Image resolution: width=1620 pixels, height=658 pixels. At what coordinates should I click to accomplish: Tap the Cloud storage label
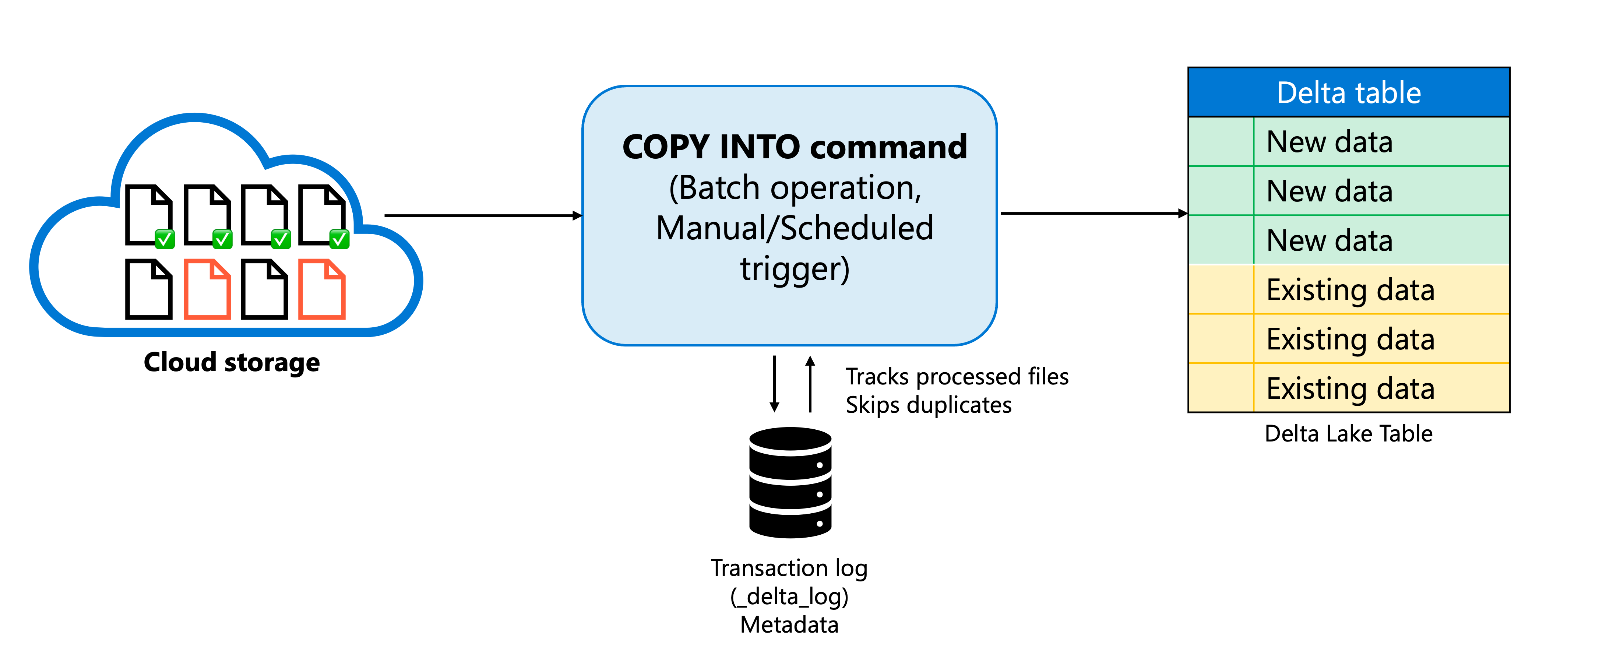point(232,362)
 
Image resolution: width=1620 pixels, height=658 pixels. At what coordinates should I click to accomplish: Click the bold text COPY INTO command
point(794,147)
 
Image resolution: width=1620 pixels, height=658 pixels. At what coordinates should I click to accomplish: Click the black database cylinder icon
point(790,482)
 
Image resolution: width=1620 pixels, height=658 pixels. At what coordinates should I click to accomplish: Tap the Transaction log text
point(789,568)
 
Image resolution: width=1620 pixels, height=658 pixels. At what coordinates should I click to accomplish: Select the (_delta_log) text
point(789,597)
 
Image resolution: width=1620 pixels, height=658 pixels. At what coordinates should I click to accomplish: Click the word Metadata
point(789,624)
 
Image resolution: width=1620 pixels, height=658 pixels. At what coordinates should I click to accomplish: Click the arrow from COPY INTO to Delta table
point(1094,213)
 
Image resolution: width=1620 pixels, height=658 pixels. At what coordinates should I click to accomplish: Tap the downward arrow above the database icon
point(775,384)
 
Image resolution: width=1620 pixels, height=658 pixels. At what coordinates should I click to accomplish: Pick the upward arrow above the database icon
point(810,384)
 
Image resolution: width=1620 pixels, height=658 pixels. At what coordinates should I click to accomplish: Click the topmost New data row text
point(1330,142)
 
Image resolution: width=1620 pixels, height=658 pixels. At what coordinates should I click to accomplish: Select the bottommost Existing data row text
point(1350,389)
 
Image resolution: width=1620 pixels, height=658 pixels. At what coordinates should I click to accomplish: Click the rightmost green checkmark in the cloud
point(339,239)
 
